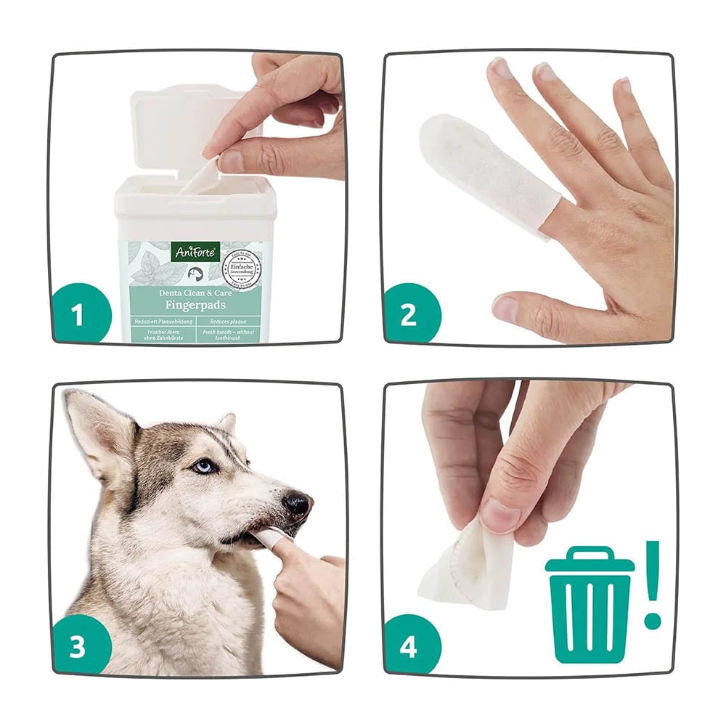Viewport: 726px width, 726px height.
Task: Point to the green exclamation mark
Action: [653, 584]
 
